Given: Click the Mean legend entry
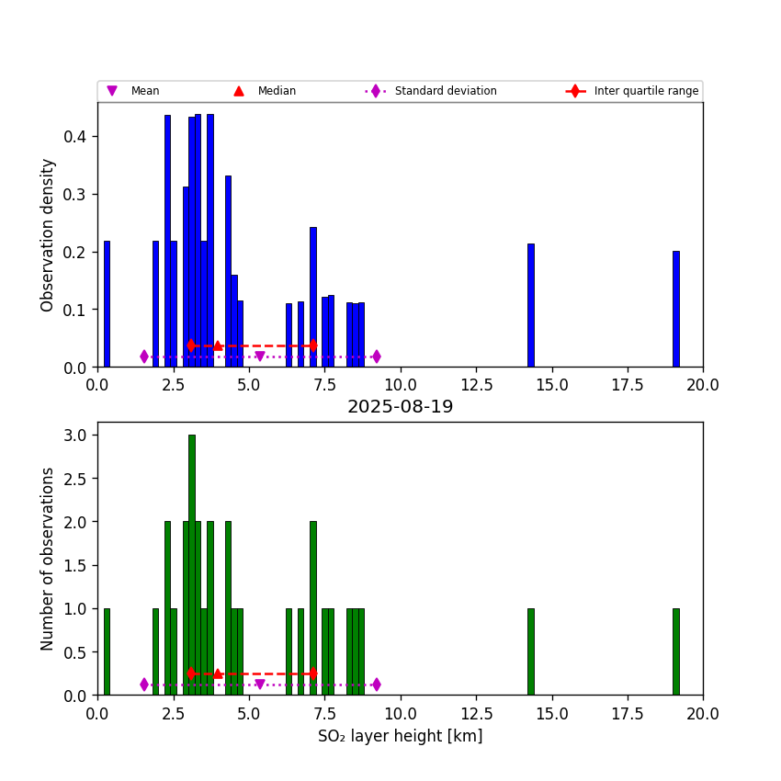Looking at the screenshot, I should pos(144,91).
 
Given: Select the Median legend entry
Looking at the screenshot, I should pos(276,91).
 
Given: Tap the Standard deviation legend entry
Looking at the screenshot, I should pos(445,91).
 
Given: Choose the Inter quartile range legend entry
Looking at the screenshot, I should pos(645,91).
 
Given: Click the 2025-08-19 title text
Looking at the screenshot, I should pos(400,407).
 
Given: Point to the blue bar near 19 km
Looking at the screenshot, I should pos(675,309).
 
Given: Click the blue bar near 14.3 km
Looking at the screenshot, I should pos(530,305).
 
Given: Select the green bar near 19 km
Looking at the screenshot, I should pos(675,651).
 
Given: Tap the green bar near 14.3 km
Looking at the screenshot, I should pos(530,651).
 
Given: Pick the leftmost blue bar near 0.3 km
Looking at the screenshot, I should pos(107,303).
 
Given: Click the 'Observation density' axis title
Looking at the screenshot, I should pos(48,234).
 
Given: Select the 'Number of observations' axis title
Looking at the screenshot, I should pos(48,559).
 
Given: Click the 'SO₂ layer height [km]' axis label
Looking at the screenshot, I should pos(400,736).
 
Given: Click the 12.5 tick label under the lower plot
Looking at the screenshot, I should pos(476,712).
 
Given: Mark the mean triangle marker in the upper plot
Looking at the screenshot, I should pos(260,357).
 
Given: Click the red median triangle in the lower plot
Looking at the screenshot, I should pos(218,673).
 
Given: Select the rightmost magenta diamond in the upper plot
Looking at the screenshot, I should pos(376,357).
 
